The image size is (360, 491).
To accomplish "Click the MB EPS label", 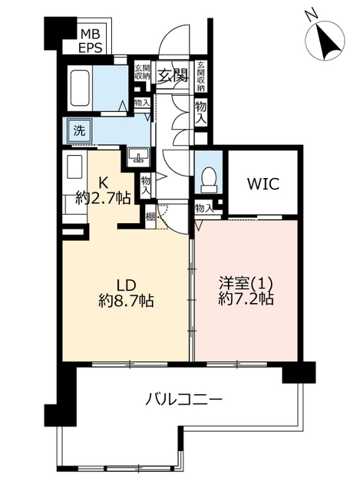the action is coord(91,40).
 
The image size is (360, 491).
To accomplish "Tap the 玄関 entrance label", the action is coord(173,75).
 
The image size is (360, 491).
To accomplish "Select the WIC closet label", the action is coord(263,184).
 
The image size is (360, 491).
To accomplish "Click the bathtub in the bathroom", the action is coord(80,88).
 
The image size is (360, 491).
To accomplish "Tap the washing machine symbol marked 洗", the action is coord(78,130).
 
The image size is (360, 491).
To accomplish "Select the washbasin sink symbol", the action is coord(137,157).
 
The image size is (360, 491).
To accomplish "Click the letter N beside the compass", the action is coord(312,15).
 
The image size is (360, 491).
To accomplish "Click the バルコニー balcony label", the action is coord(184,399).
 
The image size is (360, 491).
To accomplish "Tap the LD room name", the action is coord(126,285).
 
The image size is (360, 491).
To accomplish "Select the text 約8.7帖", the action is coord(126,301).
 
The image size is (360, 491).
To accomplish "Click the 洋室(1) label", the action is coord(246,284).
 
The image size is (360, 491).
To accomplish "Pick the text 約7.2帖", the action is coord(246,299).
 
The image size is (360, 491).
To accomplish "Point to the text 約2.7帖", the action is coord(103,198).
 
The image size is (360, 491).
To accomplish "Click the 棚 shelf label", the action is coord(150,216).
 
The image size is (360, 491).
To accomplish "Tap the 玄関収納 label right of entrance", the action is coord(201,76).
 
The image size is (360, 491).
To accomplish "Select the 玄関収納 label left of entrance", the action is coord(142,71).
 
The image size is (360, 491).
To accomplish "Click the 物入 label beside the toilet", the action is coord(203,208).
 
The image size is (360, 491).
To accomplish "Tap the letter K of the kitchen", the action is coord(101,183).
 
